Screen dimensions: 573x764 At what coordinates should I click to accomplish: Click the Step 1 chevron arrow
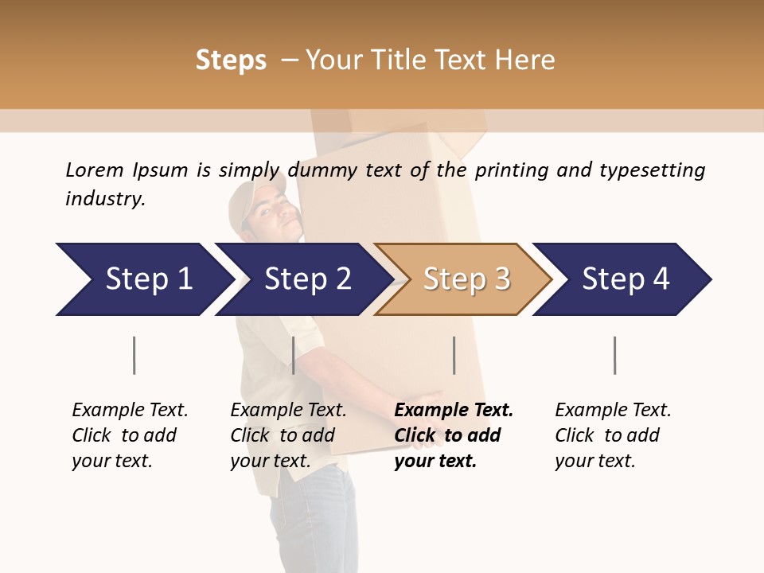143,279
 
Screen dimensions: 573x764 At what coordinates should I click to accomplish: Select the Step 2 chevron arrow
302,279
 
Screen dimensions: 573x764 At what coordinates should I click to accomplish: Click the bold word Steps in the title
231,60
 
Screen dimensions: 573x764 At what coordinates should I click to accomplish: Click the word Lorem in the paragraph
94,170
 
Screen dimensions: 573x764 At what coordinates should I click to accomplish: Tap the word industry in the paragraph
105,198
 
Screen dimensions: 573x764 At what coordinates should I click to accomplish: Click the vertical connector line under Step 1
134,355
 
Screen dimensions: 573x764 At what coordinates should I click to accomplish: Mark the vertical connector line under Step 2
294,355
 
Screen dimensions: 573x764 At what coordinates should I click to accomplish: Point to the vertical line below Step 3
454,355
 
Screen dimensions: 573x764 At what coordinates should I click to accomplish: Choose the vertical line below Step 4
614,355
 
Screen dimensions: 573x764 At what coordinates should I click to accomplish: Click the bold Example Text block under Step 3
452,435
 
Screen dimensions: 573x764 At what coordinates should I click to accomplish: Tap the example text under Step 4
611,435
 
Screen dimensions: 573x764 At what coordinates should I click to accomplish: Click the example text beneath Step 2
287,435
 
